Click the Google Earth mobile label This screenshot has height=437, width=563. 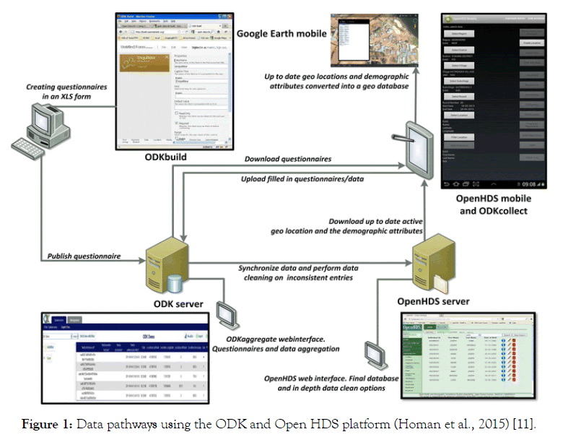pyautogui.click(x=281, y=33)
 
